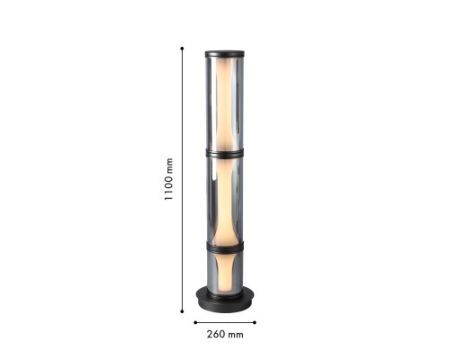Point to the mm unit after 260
(x=236, y=334)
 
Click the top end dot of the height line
(x=182, y=48)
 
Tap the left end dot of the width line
(x=194, y=320)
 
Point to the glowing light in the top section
(x=225, y=103)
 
